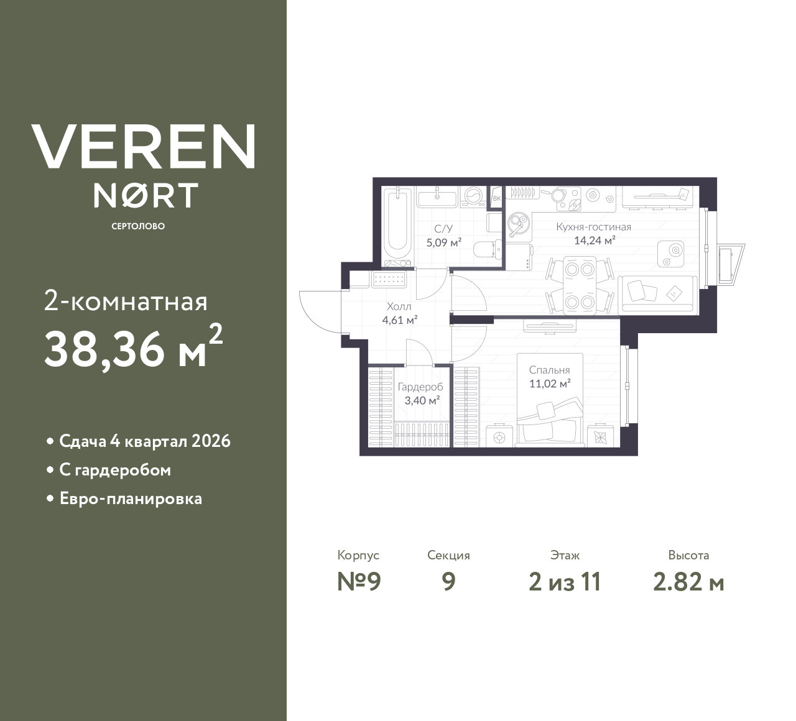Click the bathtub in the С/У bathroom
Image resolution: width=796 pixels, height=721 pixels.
397,225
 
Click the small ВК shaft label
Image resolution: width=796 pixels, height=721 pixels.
496,198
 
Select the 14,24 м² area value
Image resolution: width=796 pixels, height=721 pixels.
595,241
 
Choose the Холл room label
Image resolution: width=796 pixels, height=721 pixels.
399,306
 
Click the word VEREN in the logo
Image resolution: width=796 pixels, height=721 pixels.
144,147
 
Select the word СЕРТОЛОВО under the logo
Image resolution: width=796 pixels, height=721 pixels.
138,226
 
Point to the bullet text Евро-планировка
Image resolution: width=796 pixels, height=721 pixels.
131,499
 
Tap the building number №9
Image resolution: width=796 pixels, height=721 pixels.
358,582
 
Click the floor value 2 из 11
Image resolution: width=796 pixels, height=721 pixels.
564,582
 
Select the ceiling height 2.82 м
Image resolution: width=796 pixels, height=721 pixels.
688,582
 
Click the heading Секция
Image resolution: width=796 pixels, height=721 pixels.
448,555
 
